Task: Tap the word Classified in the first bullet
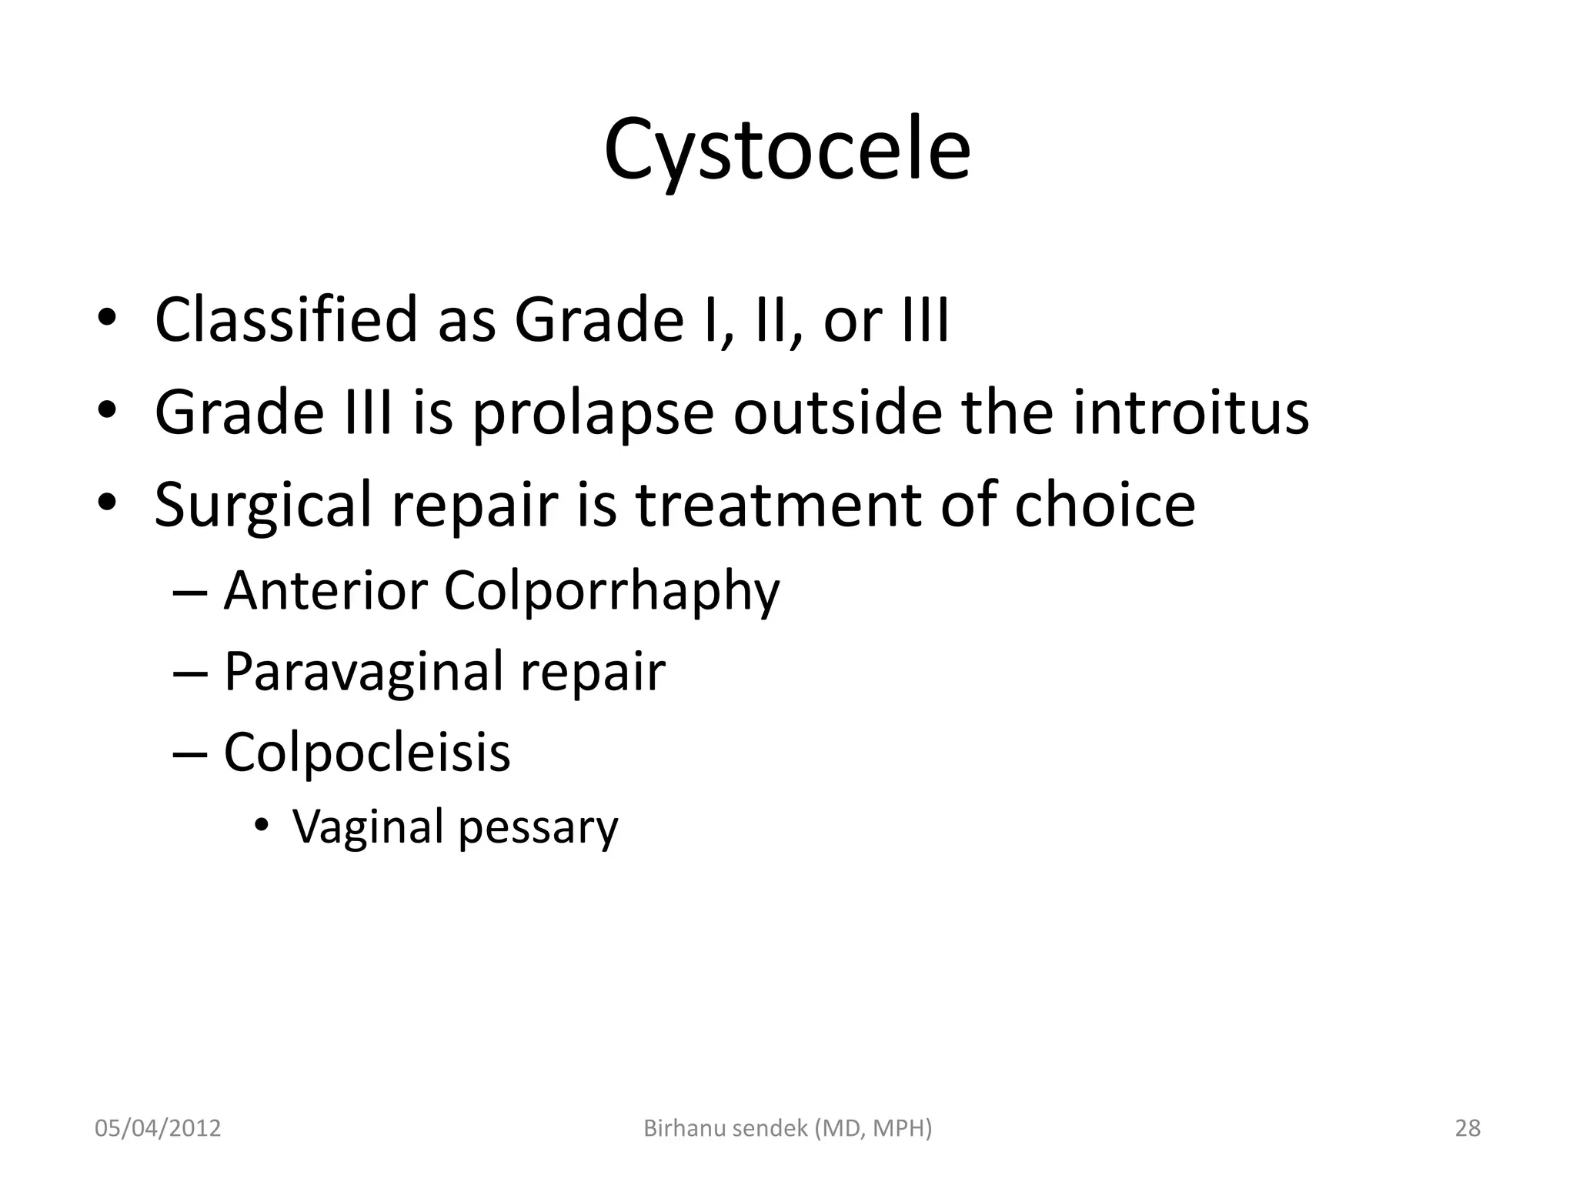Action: pyautogui.click(x=285, y=320)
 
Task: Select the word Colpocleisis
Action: pyautogui.click(x=366, y=753)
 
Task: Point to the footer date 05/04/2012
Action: pyautogui.click(x=158, y=1128)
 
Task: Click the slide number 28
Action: pyautogui.click(x=1467, y=1128)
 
